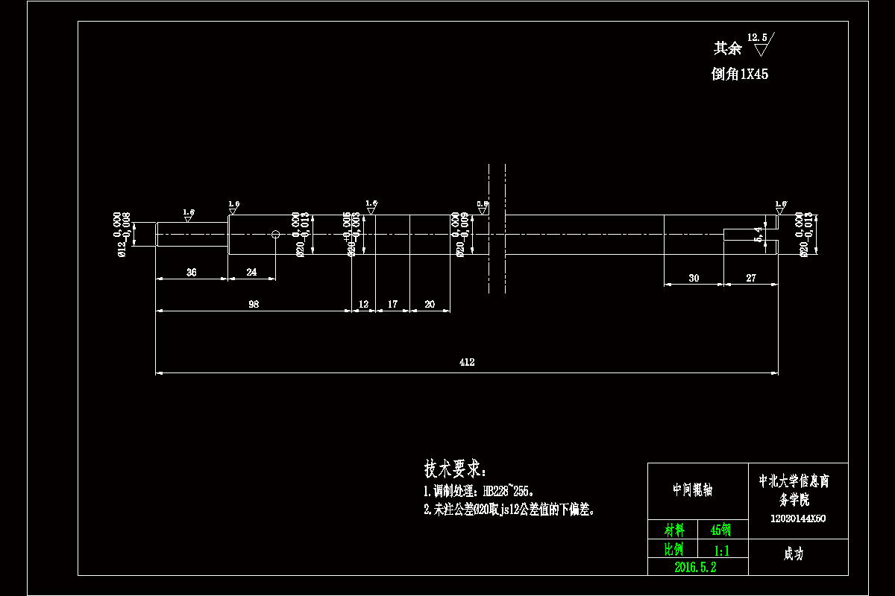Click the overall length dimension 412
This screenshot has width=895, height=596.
(x=467, y=362)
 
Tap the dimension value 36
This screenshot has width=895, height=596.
(x=191, y=273)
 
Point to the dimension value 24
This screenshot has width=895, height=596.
(x=251, y=273)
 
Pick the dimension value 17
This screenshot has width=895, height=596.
(x=392, y=304)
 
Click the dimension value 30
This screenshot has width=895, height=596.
(x=694, y=278)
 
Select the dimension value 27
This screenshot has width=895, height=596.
(x=751, y=278)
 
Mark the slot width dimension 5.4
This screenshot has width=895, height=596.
(x=759, y=235)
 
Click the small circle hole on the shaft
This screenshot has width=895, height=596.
(x=275, y=235)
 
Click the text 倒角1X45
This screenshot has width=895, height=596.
(x=740, y=74)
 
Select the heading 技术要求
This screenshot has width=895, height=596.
(x=454, y=469)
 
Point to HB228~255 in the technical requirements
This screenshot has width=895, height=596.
(x=509, y=492)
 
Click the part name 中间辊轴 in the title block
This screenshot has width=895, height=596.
(x=692, y=489)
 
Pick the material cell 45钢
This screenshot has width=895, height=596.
(x=720, y=530)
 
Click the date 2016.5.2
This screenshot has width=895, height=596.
(x=695, y=567)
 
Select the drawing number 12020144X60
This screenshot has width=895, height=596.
(x=797, y=519)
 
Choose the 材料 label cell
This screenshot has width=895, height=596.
(x=674, y=530)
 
